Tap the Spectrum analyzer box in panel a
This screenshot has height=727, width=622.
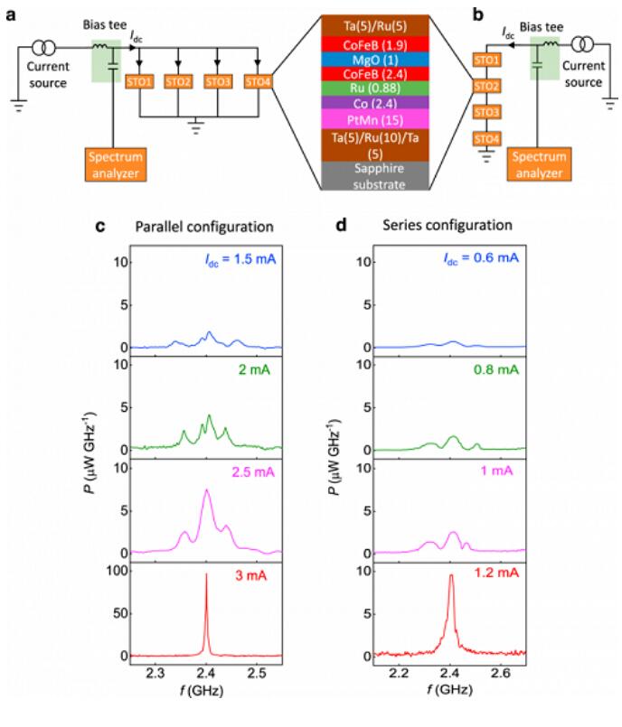coord(115,163)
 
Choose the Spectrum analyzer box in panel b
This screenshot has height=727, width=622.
coord(540,163)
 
